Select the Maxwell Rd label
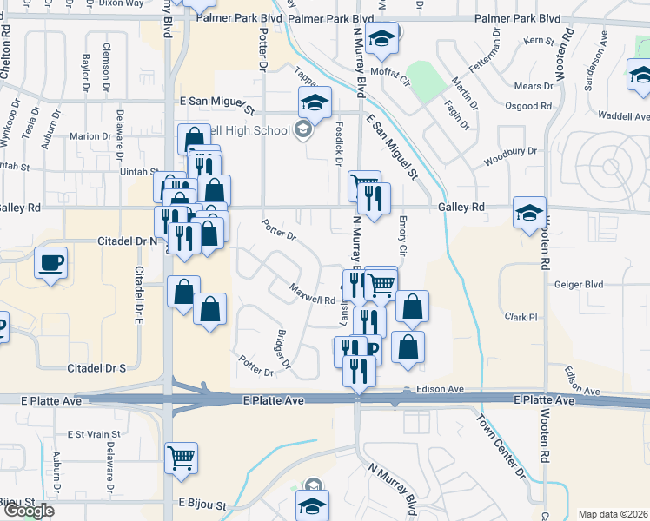(312, 294)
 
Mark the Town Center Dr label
(500, 457)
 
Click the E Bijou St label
(202, 504)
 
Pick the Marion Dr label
(90, 136)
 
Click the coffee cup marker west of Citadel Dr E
(51, 261)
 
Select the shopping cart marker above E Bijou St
(181, 456)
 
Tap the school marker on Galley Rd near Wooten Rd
(529, 213)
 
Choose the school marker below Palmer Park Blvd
(381, 38)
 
